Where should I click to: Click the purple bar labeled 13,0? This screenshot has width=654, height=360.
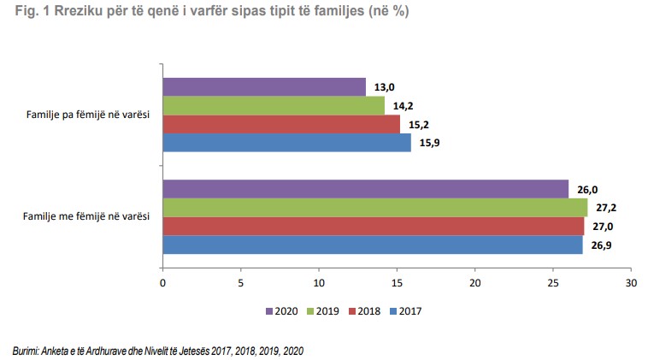coord(263,86)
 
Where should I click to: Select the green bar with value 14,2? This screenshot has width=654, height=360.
coord(274,105)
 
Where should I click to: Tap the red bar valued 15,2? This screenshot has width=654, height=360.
coord(281,124)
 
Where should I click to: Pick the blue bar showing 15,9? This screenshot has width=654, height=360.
coord(286,142)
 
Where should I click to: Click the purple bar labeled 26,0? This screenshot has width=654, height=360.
coord(365,189)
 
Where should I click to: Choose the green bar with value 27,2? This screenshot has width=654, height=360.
coord(374,208)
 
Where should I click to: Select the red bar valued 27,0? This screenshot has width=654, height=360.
coord(373,226)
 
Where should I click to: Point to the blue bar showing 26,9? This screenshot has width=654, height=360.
coord(372,245)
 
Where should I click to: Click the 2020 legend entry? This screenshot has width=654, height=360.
coord(282,311)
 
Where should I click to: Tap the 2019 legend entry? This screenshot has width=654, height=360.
coord(323,311)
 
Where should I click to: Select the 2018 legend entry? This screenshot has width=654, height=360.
coord(364,311)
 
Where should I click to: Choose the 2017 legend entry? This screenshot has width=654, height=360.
coord(405,311)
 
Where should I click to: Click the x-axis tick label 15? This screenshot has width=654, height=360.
coord(397,282)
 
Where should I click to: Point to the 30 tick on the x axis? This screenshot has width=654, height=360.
coord(631,282)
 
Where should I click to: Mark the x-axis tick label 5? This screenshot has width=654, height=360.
coord(240,282)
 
